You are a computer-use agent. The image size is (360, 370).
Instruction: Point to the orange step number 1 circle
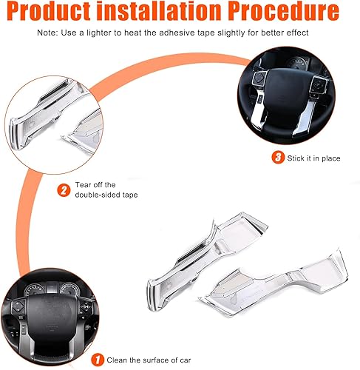95,360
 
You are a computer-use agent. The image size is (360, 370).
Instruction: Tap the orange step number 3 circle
277,157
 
